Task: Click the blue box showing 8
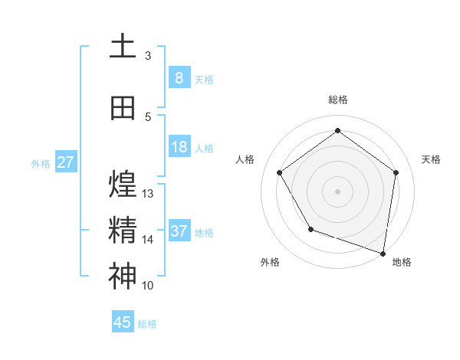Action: [179, 77]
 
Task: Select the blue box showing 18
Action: [179, 147]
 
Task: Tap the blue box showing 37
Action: [179, 231]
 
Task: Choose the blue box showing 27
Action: [65, 162]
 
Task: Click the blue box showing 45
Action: [123, 322]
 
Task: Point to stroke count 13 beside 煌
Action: [148, 194]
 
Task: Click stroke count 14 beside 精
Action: [148, 240]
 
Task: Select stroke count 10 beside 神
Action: [148, 286]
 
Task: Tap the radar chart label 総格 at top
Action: [337, 100]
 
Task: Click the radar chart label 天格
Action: [431, 159]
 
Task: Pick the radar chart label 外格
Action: [270, 262]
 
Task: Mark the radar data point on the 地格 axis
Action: [383, 252]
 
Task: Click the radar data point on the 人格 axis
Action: [279, 172]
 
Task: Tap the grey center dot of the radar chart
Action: [337, 191]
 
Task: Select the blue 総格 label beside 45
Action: [147, 324]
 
